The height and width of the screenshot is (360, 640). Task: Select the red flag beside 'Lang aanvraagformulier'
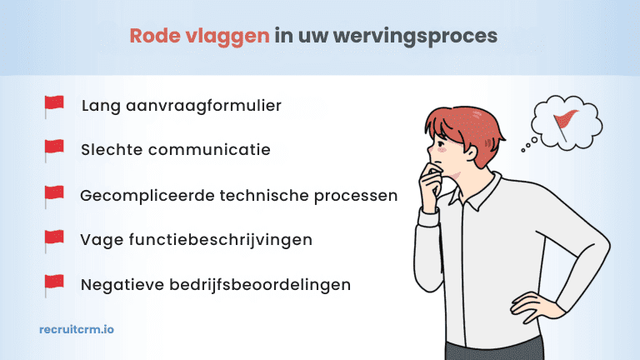point(54,106)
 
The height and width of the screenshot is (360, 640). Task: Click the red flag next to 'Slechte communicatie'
point(54,150)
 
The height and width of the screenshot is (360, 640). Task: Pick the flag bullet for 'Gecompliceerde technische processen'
point(54,195)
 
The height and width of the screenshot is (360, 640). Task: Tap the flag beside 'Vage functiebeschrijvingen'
point(54,240)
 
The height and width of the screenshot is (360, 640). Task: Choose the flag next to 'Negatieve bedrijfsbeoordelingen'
point(54,284)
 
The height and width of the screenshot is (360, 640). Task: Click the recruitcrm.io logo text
point(77,330)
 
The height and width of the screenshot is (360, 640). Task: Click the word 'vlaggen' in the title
point(229,37)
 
